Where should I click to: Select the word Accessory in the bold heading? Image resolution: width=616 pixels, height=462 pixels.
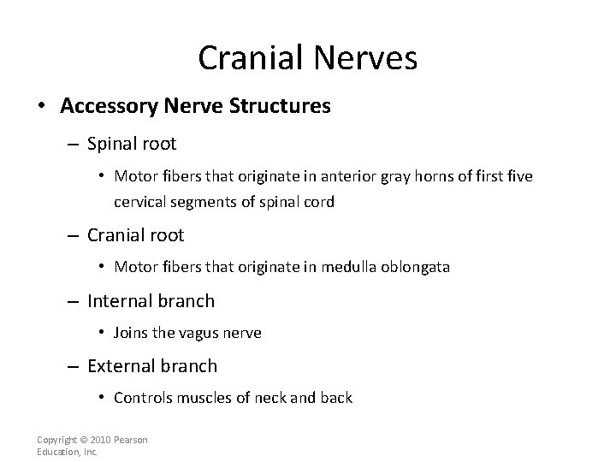tap(104, 106)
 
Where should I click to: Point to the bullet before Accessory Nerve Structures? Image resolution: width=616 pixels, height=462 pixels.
tap(41, 106)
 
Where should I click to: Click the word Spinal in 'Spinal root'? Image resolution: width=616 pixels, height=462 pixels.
tap(113, 145)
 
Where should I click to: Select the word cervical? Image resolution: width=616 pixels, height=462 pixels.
tap(139, 203)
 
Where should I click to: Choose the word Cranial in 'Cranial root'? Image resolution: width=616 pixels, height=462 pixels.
tap(117, 234)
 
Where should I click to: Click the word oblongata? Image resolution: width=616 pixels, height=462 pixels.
tap(419, 267)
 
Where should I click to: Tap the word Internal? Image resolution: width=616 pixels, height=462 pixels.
tap(119, 300)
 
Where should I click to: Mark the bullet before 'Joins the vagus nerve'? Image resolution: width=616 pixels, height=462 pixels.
tap(101, 333)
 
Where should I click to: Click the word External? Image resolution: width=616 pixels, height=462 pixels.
tap(121, 365)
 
